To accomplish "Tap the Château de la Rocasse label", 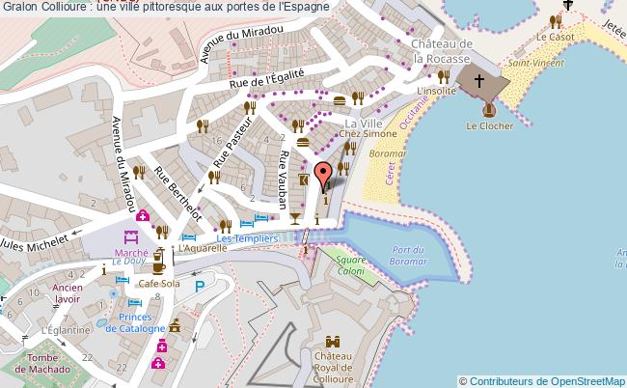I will pos(441,51).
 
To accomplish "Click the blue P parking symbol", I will pos(200,286).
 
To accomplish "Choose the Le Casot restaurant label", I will pos(556,37).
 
